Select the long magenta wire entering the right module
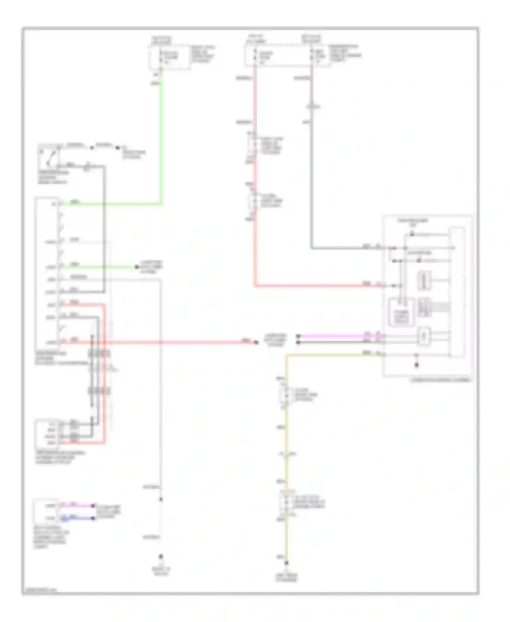340,336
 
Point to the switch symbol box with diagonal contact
48,156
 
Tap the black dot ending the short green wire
137,267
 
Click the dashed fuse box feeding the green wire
169,57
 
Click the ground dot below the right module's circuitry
416,365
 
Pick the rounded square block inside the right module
401,312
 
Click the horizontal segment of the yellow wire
333,355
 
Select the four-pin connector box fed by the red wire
47,432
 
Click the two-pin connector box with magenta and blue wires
46,512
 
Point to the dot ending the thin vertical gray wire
161,557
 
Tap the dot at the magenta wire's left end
298,336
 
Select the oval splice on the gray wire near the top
312,107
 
